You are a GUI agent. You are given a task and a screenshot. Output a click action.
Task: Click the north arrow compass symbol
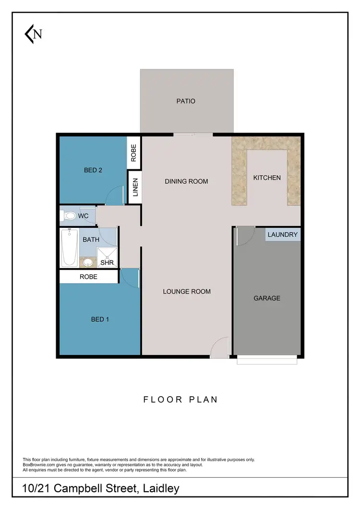pos(33,34)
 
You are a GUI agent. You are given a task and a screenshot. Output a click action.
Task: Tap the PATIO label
pos(186,101)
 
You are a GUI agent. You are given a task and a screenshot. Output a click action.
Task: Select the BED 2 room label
pos(93,170)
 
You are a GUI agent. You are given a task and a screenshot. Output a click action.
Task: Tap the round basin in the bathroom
pos(88,262)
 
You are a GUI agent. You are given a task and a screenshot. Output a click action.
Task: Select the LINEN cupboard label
pos(135,188)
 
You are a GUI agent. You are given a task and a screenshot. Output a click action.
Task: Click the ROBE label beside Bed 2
pos(134,153)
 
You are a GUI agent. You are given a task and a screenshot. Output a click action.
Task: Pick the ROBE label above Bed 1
pos(88,277)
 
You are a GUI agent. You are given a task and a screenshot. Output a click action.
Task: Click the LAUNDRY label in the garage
pos(283,235)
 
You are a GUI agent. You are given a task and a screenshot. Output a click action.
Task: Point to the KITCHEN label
pos(267,178)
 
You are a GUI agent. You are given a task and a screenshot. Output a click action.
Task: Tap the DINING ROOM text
pos(186,181)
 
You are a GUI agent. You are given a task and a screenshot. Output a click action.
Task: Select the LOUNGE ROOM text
pos(187,291)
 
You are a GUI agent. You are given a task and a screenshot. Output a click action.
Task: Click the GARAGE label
pos(267,298)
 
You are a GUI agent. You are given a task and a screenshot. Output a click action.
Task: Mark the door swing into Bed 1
pos(130,277)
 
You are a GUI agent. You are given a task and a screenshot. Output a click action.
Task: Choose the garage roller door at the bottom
pos(267,360)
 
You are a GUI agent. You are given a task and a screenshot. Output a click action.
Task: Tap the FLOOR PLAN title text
pos(180,399)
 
